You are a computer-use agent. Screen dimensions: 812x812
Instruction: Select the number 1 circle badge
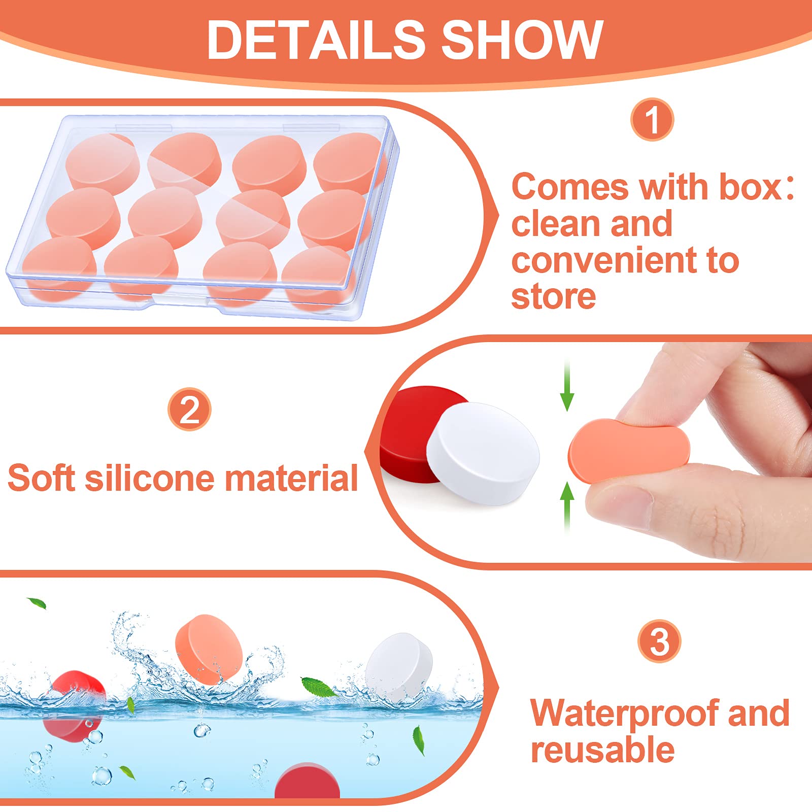point(652,120)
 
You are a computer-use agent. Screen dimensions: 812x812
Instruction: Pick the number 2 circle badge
point(189,410)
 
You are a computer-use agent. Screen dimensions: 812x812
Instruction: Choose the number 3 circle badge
point(659,641)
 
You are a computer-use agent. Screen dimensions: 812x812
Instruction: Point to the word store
point(553,297)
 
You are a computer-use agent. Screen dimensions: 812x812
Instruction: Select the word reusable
point(602,751)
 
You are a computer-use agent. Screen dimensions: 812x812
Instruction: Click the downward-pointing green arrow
point(567,386)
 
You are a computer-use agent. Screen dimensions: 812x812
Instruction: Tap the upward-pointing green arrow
point(567,508)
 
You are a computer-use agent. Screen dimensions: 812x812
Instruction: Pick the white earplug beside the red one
point(483,453)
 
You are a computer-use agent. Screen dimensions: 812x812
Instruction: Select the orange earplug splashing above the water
point(209,649)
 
